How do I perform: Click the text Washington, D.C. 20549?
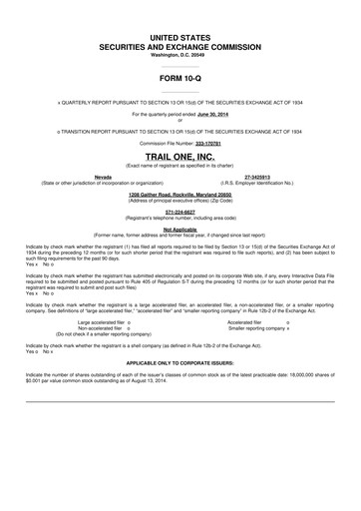tap(180, 54)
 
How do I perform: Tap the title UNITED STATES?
tap(180, 36)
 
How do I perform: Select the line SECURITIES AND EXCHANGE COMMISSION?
tap(180, 46)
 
